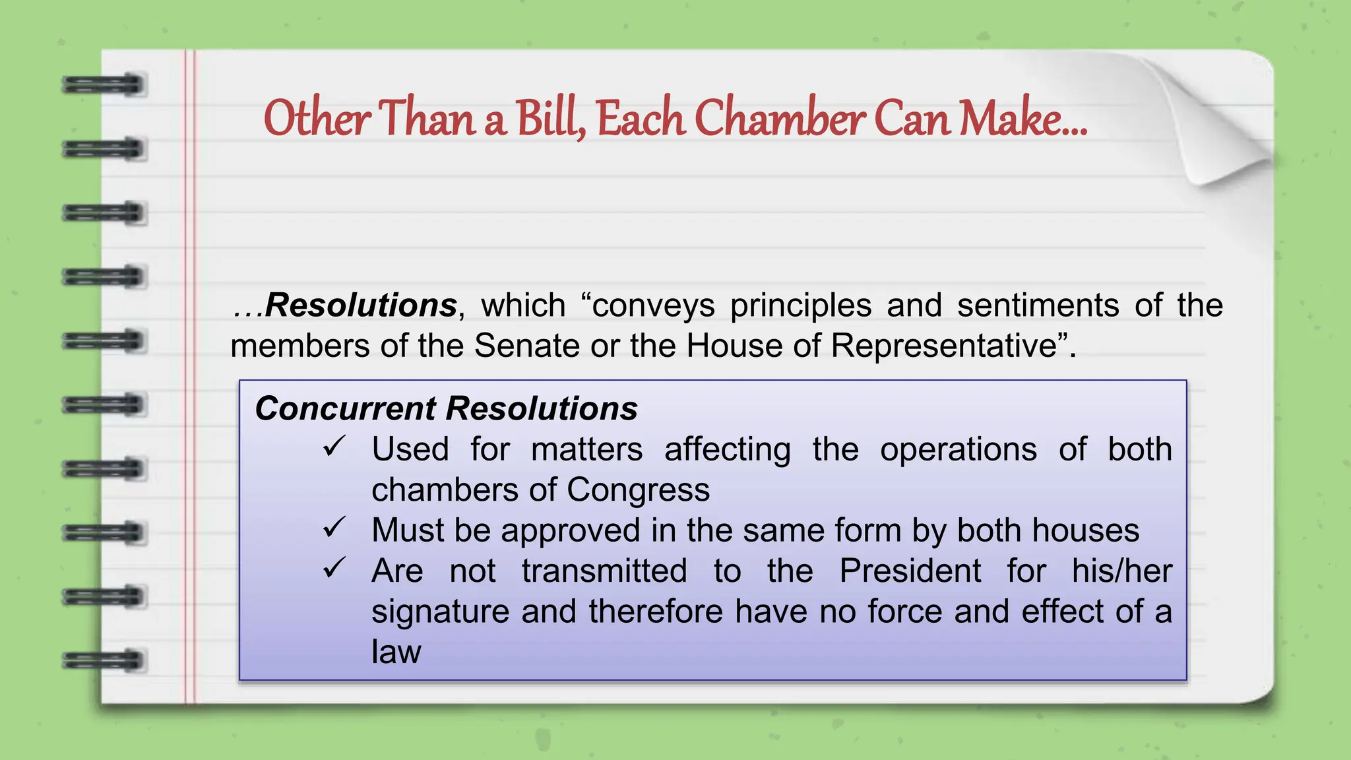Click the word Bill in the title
tap(549, 119)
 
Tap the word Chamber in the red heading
tap(780, 119)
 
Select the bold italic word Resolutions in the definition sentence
tap(361, 305)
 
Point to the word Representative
tap(944, 346)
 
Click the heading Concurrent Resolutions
tap(446, 408)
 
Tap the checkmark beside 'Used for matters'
tap(334, 447)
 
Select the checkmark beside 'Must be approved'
tap(334, 528)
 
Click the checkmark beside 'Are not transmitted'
tap(334, 568)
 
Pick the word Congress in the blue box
tap(638, 490)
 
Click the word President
tap(910, 571)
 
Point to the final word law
tap(396, 652)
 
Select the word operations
tap(958, 450)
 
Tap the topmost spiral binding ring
tap(103, 85)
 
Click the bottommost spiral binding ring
tap(103, 660)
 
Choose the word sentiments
tap(1038, 305)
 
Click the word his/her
tap(1121, 571)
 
